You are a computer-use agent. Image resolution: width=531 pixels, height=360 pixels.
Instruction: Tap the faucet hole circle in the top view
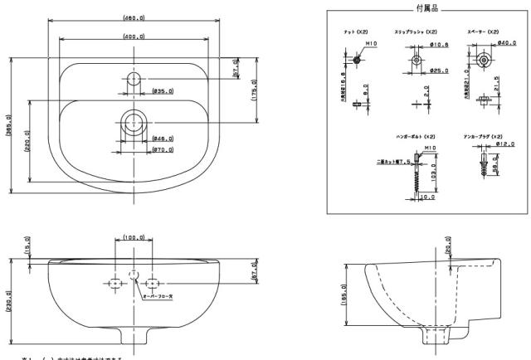point(133,80)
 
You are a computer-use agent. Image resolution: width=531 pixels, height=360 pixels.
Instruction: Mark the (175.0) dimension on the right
point(253,89)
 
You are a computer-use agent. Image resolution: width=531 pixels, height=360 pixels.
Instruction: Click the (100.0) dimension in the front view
point(133,238)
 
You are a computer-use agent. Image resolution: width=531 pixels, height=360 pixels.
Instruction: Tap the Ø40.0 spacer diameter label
point(507,44)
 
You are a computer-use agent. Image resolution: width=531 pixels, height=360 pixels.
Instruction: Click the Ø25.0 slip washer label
point(440,71)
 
